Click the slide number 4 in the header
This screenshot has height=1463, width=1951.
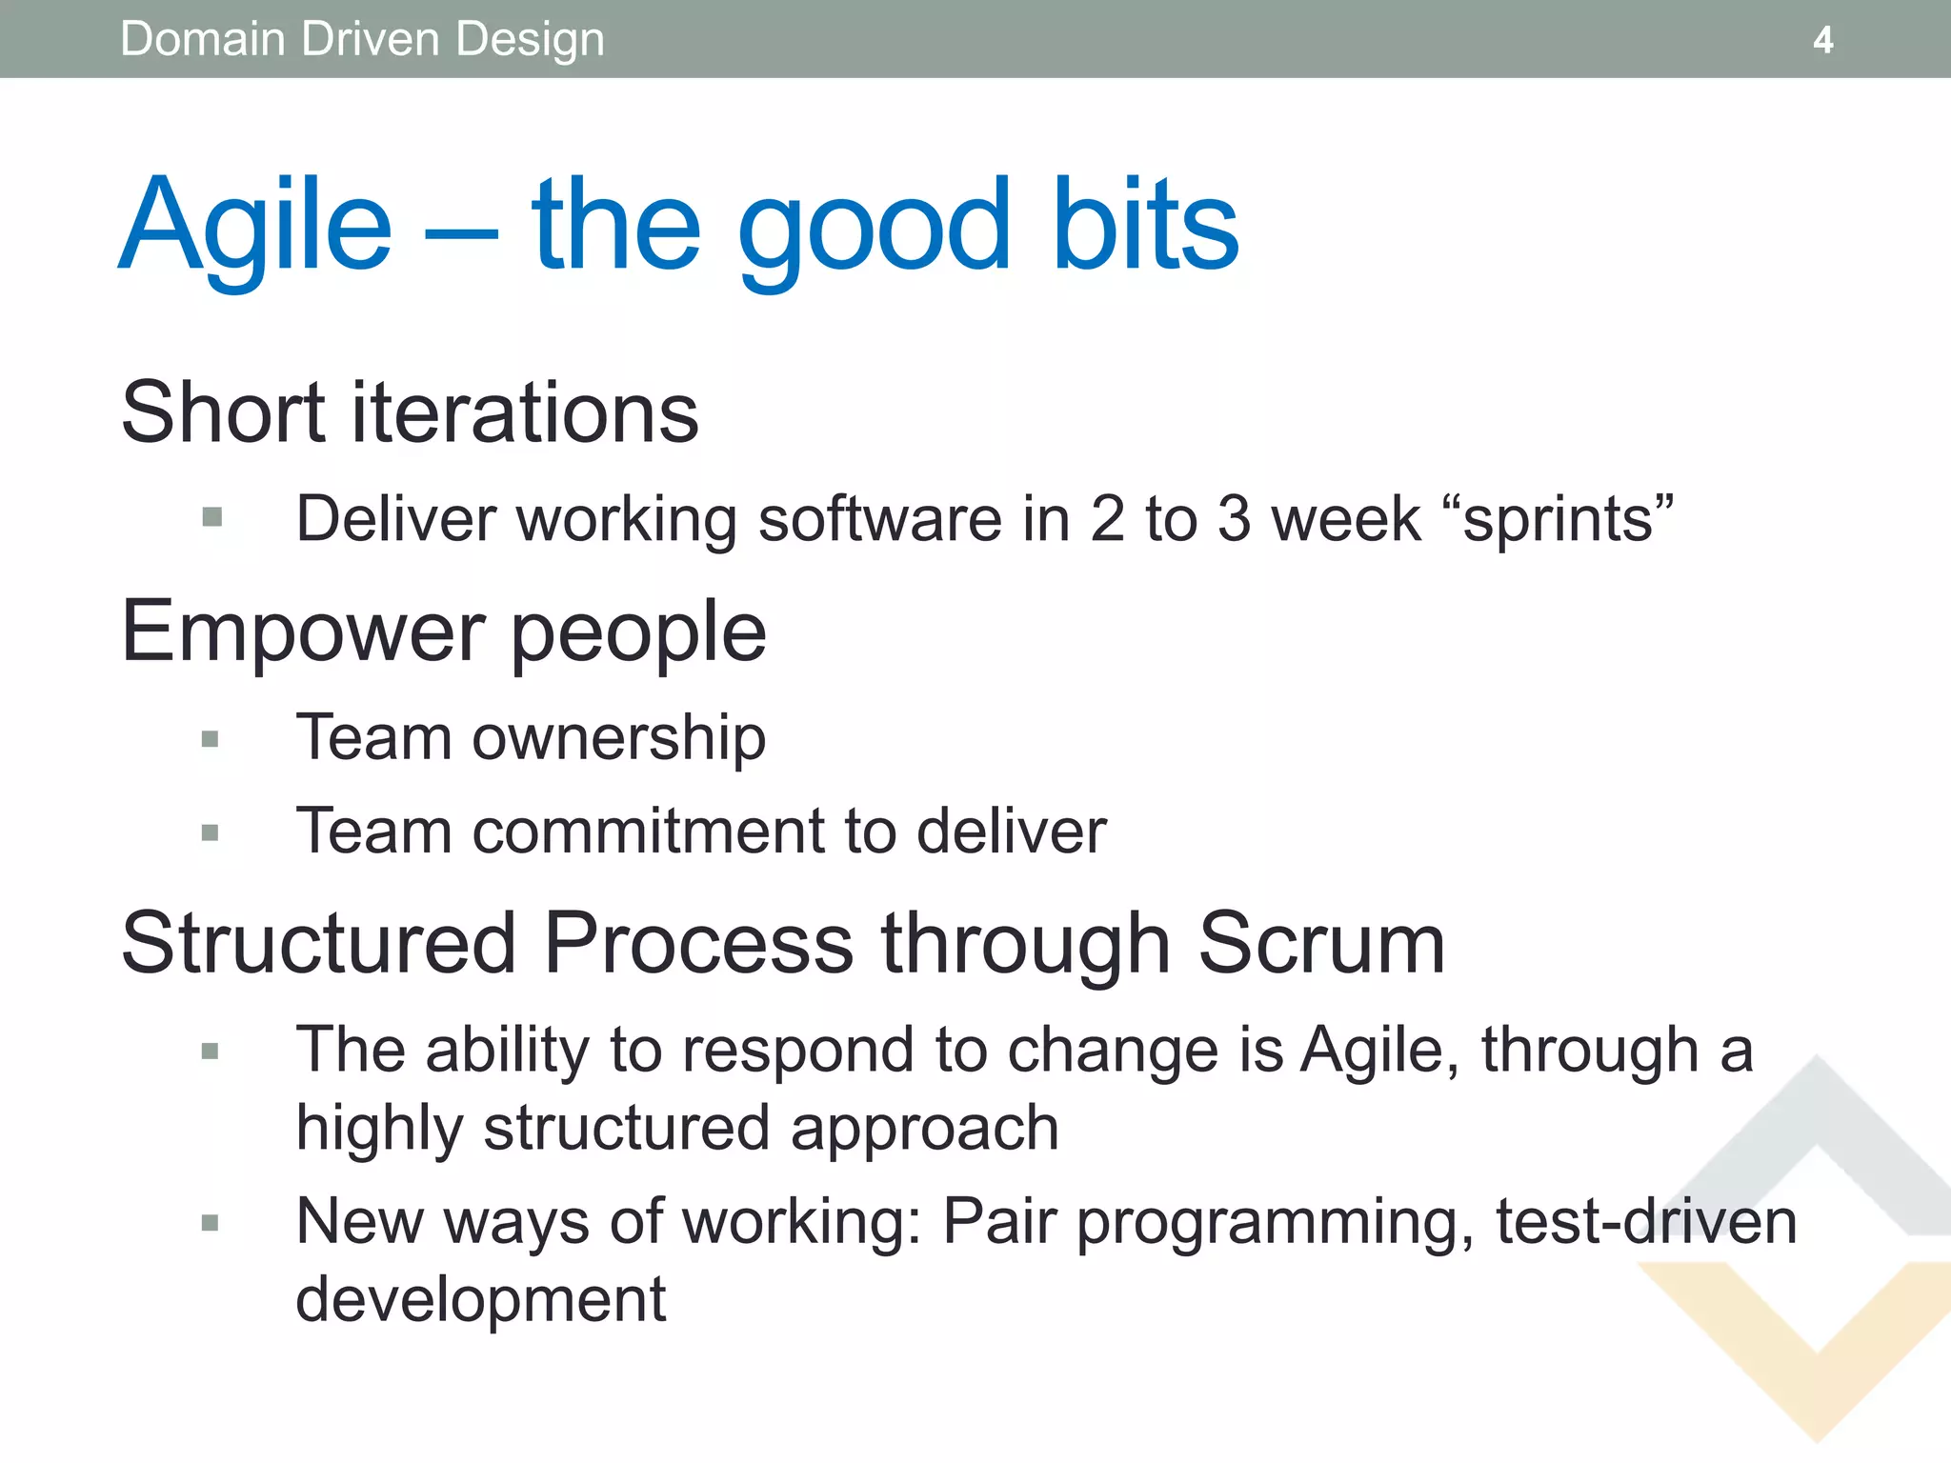1822,40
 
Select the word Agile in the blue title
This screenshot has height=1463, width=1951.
255,227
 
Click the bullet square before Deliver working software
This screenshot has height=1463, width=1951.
212,518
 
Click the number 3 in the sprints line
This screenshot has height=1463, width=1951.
1234,520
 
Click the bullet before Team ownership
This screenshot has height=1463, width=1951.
211,739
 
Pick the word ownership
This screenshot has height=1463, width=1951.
619,738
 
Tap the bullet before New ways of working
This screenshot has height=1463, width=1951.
211,1223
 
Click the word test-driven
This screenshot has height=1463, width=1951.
1646,1222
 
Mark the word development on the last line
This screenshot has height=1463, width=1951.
480,1300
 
